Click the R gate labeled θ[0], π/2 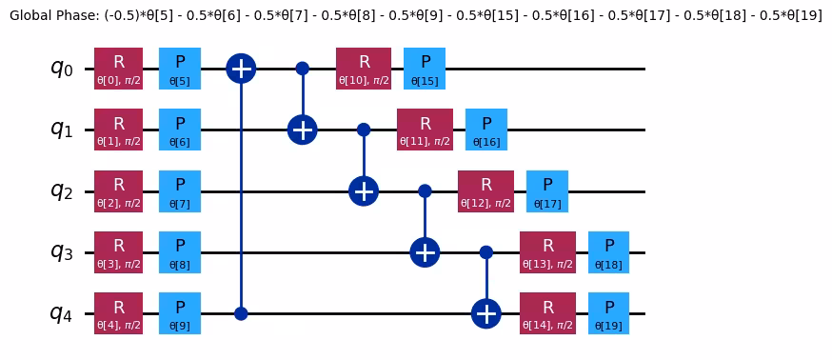click(x=119, y=69)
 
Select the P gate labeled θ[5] click(x=180, y=69)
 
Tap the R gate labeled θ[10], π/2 click(x=364, y=69)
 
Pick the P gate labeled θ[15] click(x=425, y=69)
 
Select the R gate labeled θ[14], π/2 click(x=547, y=313)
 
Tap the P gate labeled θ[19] click(x=608, y=313)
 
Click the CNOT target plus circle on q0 click(x=241, y=69)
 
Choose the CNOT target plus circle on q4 click(x=485, y=313)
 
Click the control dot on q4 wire click(x=241, y=313)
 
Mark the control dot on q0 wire click(x=302, y=69)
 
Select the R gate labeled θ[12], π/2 click(x=485, y=190)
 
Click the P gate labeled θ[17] click(x=547, y=190)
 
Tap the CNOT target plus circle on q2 click(x=364, y=190)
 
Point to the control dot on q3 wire click(x=485, y=252)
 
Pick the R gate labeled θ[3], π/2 click(x=119, y=252)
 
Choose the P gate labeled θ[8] click(x=180, y=252)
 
